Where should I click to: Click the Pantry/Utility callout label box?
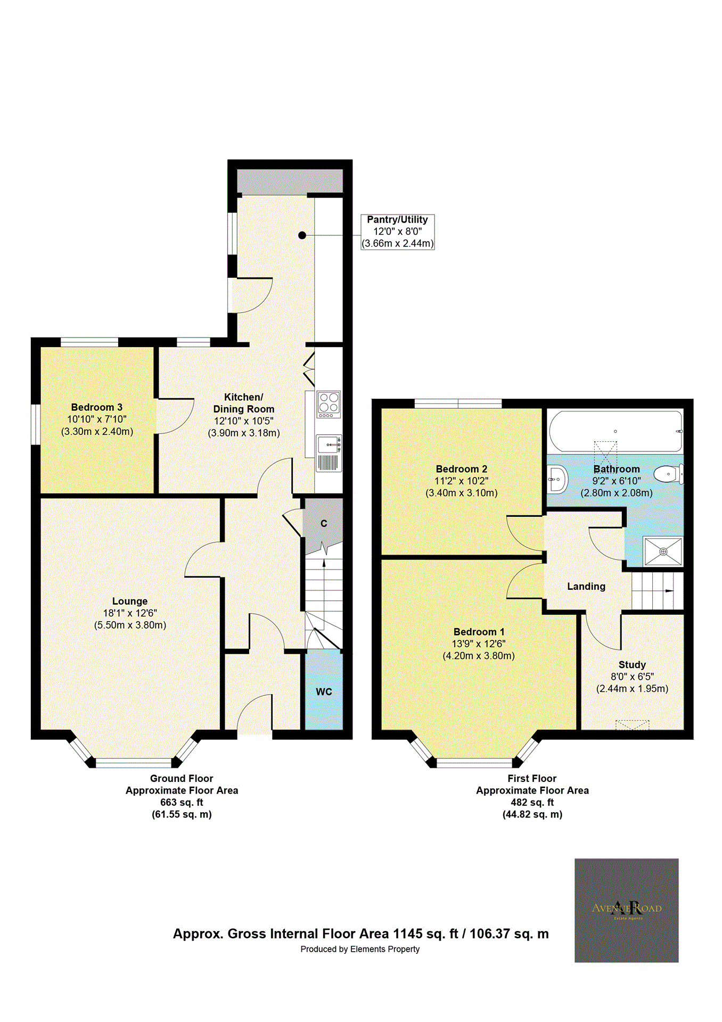click(x=397, y=232)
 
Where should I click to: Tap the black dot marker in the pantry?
click(x=302, y=235)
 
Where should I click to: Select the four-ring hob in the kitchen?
click(x=329, y=405)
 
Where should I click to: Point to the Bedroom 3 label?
click(x=97, y=407)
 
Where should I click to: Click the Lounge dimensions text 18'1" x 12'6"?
click(x=130, y=613)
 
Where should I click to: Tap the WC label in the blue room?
click(x=324, y=691)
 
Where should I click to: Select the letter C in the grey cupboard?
click(x=324, y=524)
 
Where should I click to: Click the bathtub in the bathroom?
click(x=615, y=431)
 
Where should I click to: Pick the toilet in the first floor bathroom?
click(x=668, y=474)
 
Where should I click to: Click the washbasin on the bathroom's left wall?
click(x=556, y=479)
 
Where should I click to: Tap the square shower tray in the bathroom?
click(x=663, y=551)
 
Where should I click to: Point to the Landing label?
click(x=586, y=587)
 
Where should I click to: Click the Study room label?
click(x=632, y=665)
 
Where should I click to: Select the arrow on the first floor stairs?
click(x=669, y=590)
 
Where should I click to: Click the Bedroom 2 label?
click(x=461, y=469)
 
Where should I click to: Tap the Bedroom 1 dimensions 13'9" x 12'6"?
click(x=479, y=644)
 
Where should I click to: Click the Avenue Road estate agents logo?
click(x=626, y=910)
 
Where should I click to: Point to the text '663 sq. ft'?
click(x=182, y=803)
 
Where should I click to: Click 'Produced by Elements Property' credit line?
click(x=360, y=949)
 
